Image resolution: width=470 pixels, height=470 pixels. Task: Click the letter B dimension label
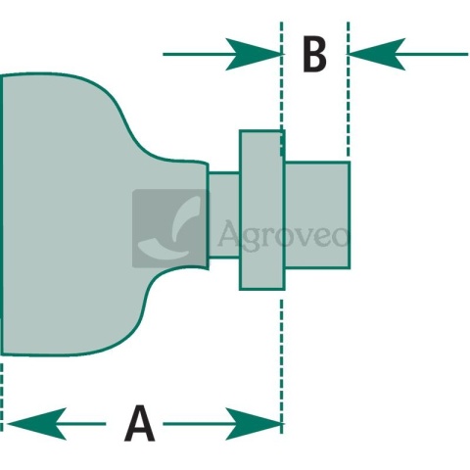point(314,55)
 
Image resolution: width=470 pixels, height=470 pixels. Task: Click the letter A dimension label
point(140,423)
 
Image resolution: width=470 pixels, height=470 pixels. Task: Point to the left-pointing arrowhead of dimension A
point(36,424)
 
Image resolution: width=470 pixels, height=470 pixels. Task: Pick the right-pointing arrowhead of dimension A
point(254,424)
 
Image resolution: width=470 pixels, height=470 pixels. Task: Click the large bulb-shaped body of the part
point(98,214)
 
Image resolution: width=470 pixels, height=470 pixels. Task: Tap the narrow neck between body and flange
point(224,214)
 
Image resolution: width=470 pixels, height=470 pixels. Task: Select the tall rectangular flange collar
point(261,210)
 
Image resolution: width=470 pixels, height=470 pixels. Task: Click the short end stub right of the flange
point(317,214)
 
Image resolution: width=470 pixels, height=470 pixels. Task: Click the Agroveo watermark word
point(283,233)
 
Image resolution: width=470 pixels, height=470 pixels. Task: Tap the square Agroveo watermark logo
point(170,228)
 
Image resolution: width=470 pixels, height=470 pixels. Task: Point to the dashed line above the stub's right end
point(348,89)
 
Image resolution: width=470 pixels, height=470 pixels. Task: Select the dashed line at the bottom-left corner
point(1,398)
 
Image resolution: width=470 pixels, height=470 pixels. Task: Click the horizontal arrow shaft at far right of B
point(437,54)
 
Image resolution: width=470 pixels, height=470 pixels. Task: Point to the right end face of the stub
point(350,214)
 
